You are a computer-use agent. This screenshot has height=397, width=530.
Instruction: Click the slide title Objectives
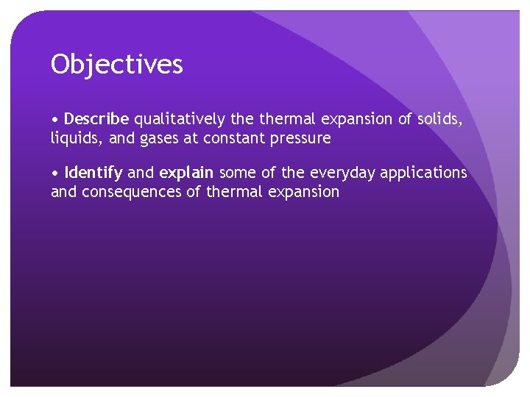click(116, 65)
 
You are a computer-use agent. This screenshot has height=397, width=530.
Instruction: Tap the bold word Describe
click(96, 119)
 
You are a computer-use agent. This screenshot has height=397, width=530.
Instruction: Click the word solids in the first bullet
click(440, 119)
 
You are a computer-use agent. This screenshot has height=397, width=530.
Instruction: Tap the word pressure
click(302, 138)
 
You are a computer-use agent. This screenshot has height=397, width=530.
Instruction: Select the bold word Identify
click(93, 173)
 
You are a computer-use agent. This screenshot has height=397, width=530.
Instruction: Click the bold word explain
click(186, 173)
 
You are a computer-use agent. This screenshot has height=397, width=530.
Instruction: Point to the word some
click(236, 173)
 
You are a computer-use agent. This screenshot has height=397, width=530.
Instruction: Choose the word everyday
click(342, 173)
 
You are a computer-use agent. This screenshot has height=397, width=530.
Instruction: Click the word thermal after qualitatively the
click(282, 119)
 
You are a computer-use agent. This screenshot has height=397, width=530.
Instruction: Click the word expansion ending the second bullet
click(303, 192)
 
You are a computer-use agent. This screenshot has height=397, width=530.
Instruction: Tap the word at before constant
click(192, 138)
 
